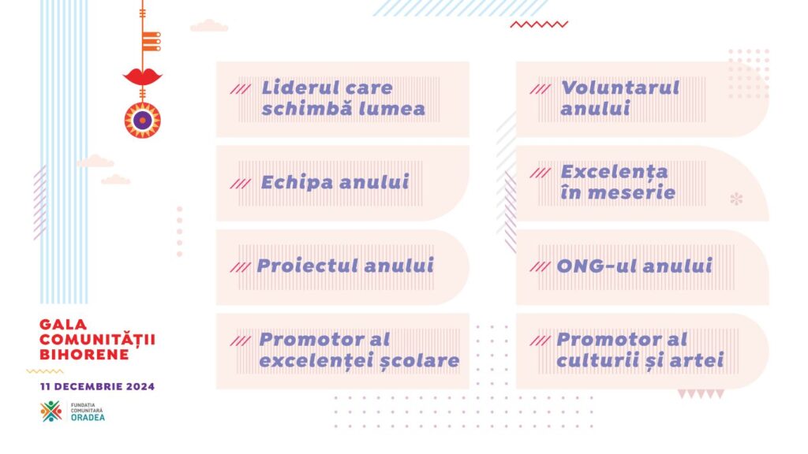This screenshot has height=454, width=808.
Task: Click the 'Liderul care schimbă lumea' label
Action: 343,99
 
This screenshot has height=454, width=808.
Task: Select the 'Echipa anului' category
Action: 335,182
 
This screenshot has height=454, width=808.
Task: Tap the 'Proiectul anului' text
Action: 346,266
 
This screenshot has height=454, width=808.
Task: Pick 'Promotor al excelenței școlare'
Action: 359,351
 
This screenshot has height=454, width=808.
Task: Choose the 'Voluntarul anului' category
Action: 620,98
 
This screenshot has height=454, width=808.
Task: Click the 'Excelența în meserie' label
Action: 618,182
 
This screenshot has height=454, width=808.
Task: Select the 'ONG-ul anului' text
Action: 634,266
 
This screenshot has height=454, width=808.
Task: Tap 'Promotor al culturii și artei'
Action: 640,350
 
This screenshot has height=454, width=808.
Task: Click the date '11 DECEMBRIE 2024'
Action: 97,386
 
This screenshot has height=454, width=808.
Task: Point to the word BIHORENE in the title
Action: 84,355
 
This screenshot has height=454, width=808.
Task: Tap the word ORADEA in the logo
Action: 88,418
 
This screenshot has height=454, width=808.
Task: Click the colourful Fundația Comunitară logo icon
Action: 51,411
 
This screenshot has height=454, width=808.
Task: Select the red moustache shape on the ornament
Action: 143,77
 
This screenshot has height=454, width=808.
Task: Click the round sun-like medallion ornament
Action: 143,121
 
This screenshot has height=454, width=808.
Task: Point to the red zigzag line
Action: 539,24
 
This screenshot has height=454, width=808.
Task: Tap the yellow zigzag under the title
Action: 45,371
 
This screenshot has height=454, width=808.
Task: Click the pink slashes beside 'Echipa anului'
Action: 240,184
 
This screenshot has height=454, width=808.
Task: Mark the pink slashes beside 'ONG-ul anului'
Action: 540,266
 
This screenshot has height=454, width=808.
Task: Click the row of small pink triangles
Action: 701,394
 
